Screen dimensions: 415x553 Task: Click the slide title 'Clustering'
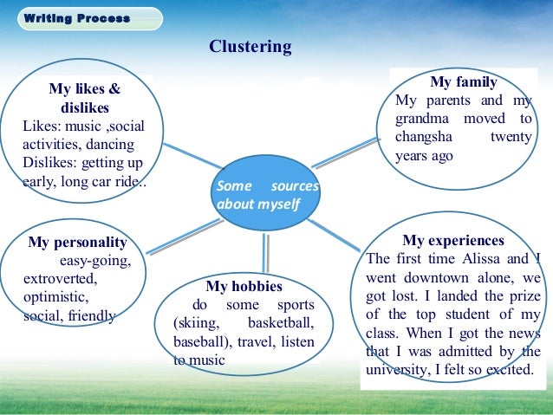[x=250, y=47]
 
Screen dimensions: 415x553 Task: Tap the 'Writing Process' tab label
[x=77, y=18]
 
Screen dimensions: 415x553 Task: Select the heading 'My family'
[x=464, y=83]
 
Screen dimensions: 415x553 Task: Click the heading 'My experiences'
[x=453, y=241]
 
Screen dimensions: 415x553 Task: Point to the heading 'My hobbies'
[x=244, y=286]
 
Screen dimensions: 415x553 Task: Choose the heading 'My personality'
[x=77, y=243]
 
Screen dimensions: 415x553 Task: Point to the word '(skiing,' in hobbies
[x=197, y=323]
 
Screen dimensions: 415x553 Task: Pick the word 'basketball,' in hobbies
[x=275, y=323]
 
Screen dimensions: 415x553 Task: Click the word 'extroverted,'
[x=61, y=280]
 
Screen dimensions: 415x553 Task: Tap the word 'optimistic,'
[x=54, y=298]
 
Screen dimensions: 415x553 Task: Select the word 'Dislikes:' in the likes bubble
[x=50, y=164]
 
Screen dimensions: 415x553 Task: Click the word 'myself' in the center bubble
[x=277, y=204]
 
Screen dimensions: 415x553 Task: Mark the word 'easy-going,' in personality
[x=94, y=261]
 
